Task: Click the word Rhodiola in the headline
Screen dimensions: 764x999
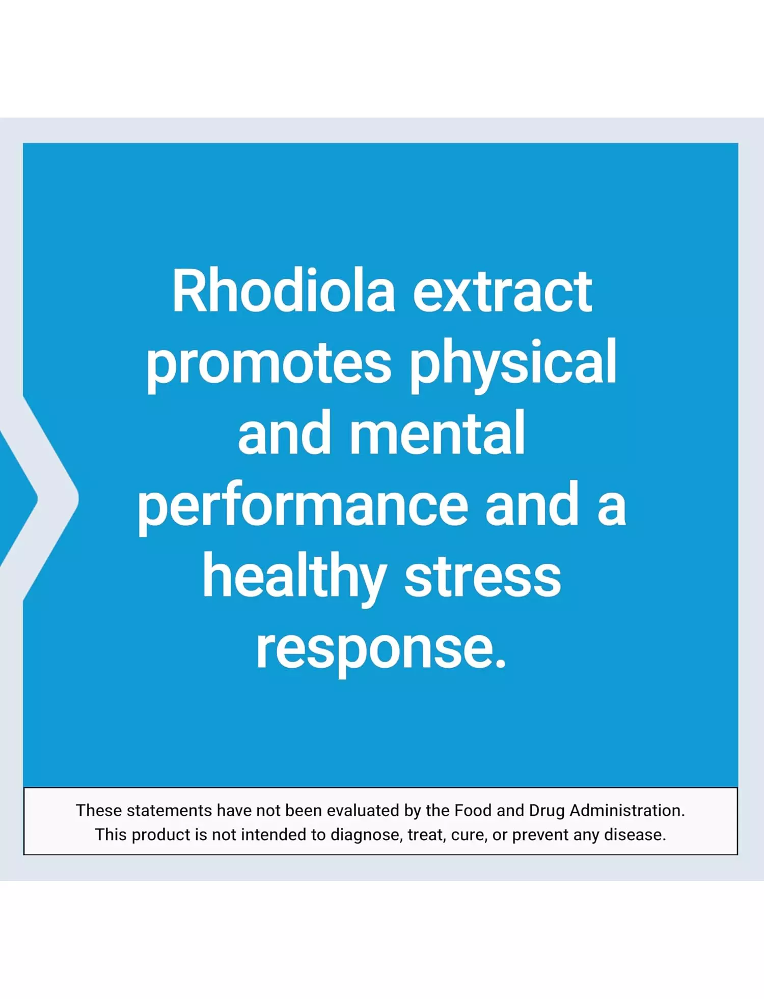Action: coord(284,291)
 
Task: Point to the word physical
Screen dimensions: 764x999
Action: coord(513,362)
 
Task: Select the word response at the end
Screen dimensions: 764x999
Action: coord(381,651)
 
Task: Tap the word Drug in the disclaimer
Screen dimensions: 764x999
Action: coord(547,811)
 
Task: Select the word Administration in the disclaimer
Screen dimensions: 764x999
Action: coord(627,810)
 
